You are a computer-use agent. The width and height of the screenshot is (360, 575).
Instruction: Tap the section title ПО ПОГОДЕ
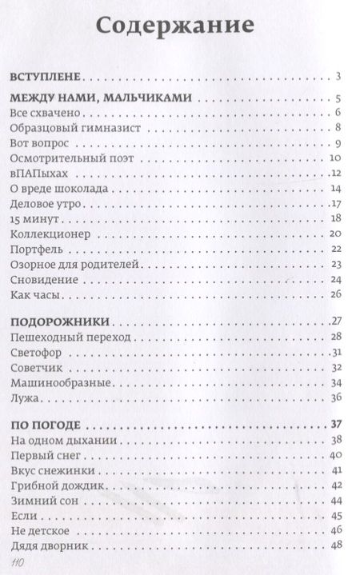[47, 423]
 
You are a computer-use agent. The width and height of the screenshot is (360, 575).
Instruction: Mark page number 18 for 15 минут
[336, 220]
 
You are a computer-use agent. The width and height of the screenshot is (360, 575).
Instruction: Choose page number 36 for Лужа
[336, 397]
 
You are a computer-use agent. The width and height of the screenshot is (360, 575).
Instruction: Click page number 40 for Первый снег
[336, 455]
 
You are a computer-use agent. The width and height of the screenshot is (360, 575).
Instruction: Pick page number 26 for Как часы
[336, 295]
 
